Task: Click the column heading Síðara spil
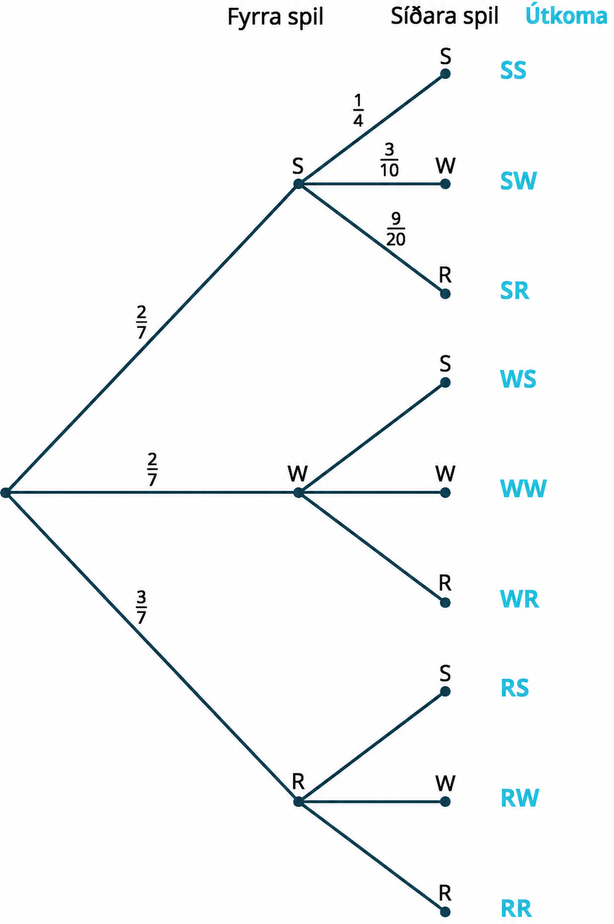click(444, 17)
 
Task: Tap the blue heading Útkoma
click(566, 16)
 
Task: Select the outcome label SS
click(514, 70)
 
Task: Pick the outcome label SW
click(518, 181)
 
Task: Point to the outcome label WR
click(519, 600)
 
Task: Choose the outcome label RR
click(516, 909)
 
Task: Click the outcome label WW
click(523, 489)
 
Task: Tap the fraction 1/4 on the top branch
click(358, 110)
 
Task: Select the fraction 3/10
click(389, 160)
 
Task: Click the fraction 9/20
click(396, 229)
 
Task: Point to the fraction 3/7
click(141, 607)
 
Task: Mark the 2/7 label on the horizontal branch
click(152, 470)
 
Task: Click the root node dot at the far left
click(6, 493)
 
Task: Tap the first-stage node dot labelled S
click(298, 184)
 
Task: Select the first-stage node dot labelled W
click(298, 493)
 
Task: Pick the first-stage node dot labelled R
click(298, 802)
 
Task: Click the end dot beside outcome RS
click(445, 692)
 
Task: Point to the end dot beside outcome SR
click(445, 294)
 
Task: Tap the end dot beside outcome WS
click(445, 383)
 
